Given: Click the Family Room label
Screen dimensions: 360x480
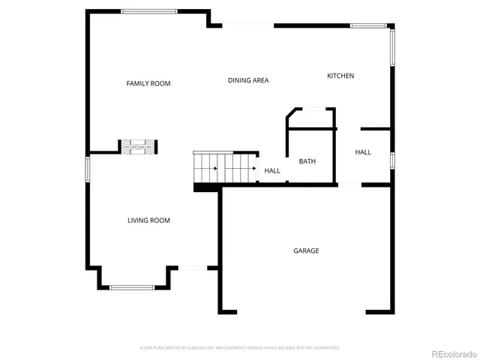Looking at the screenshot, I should pyautogui.click(x=148, y=83).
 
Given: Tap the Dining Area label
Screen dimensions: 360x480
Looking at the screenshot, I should pyautogui.click(x=248, y=80).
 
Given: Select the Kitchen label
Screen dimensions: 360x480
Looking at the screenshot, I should pyautogui.click(x=340, y=76).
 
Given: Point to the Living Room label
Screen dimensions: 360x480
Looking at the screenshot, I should pyautogui.click(x=148, y=220).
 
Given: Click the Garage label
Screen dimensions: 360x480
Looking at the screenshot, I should pyautogui.click(x=306, y=250).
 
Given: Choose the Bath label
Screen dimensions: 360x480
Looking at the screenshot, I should pyautogui.click(x=307, y=161).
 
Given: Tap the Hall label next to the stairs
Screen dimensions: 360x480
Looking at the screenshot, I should pyautogui.click(x=272, y=171).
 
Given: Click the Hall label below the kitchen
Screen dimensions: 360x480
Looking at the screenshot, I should pyautogui.click(x=363, y=152).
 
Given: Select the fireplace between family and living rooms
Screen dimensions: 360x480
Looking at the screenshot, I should pyautogui.click(x=139, y=147).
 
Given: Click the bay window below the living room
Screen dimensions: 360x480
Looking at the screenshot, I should pyautogui.click(x=132, y=286).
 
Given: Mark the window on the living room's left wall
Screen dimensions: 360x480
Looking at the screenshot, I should pyautogui.click(x=87, y=169).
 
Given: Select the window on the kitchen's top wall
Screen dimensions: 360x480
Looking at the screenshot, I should pyautogui.click(x=368, y=26).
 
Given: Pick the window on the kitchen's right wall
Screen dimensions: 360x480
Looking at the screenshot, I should pyautogui.click(x=391, y=48).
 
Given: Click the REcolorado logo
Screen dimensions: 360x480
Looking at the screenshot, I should pyautogui.click(x=451, y=353).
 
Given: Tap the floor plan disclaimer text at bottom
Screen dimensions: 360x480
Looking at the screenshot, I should pyautogui.click(x=240, y=348).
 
